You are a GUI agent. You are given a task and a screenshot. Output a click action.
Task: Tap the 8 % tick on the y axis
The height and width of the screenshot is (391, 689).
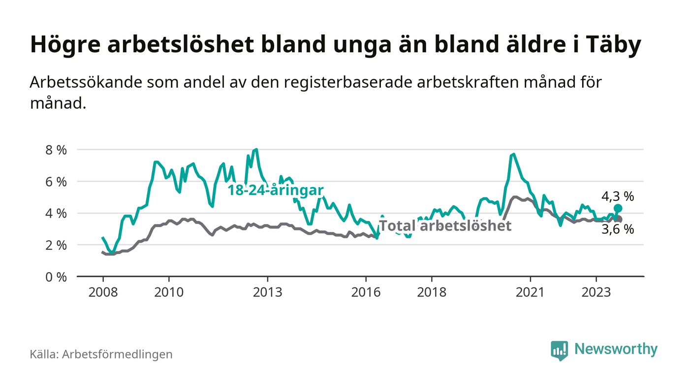pos(56,150)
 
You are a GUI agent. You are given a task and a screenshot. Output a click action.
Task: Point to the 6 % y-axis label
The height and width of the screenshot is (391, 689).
pos(56,182)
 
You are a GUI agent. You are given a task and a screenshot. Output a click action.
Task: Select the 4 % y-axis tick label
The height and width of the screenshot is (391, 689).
pos(56,214)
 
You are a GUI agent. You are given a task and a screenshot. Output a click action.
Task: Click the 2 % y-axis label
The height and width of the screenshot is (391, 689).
pos(56,245)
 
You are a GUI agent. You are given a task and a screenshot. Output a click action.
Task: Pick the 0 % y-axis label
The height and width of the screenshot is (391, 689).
pos(56,277)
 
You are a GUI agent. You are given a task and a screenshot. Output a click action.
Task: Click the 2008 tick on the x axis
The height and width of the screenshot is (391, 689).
pos(103,292)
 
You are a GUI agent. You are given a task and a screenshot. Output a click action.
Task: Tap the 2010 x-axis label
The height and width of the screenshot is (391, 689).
pos(169,292)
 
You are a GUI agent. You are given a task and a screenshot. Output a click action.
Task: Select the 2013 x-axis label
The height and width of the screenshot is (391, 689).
pos(267,292)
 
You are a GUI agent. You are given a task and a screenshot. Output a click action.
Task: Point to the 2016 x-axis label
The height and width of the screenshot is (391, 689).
pos(366,292)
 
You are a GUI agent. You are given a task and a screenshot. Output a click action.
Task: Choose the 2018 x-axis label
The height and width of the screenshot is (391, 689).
pos(432,292)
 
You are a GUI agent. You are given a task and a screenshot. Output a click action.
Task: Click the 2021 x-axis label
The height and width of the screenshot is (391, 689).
pos(531,292)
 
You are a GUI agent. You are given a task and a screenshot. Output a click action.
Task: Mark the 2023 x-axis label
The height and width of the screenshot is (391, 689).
pos(596,292)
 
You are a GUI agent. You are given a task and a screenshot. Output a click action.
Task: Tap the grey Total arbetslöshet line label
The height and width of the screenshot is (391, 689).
pos(445,226)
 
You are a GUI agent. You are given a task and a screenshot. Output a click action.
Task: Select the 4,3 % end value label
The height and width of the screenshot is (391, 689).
pos(618,197)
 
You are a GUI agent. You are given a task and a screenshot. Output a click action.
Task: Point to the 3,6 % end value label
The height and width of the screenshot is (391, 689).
pos(618,229)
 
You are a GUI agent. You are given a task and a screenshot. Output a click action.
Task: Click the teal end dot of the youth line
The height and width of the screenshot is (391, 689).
pos(618,208)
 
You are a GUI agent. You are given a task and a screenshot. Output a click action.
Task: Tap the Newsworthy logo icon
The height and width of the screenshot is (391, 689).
pos(559,350)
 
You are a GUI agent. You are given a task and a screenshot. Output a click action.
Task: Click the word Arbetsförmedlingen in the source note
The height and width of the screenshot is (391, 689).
pos(117,354)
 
